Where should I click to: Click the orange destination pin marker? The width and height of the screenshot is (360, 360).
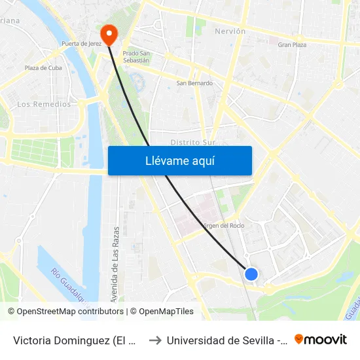pyautogui.click(x=107, y=33)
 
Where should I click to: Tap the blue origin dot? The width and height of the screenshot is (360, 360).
pyautogui.click(x=251, y=274)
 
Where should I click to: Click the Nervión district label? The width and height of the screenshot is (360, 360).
pyautogui.click(x=230, y=31)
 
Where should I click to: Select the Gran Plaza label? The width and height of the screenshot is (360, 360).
pyautogui.click(x=292, y=45)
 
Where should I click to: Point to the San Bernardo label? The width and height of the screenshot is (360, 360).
pyautogui.click(x=194, y=83)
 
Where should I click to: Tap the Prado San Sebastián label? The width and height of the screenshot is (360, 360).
pyautogui.click(x=136, y=56)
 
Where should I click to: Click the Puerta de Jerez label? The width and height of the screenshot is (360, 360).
pyautogui.click(x=81, y=44)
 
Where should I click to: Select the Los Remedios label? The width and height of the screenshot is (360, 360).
pyautogui.click(x=44, y=104)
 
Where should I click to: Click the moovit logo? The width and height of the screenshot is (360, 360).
pyautogui.click(x=321, y=339)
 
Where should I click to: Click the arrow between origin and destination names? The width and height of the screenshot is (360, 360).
pyautogui.click(x=154, y=340)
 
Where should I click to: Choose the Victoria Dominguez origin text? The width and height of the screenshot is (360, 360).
pyautogui.click(x=75, y=340)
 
